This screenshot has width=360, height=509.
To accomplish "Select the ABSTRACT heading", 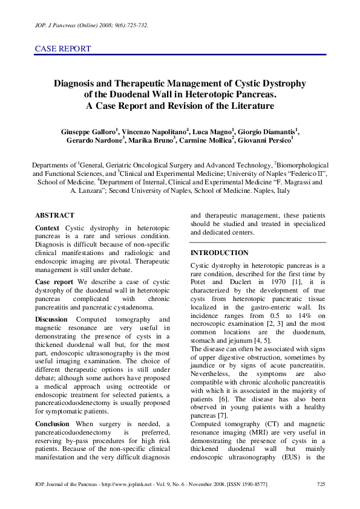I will [54, 215].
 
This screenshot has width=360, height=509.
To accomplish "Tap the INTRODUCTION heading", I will [219, 253].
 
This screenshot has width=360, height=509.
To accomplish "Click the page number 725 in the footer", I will [321, 485].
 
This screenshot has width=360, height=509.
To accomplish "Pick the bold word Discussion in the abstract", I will [51, 319].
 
